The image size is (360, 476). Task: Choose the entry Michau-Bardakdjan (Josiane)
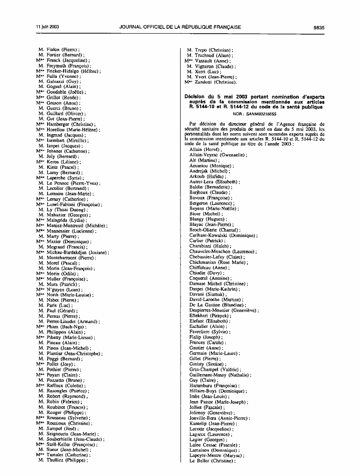77,252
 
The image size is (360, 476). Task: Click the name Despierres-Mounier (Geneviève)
224,311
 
